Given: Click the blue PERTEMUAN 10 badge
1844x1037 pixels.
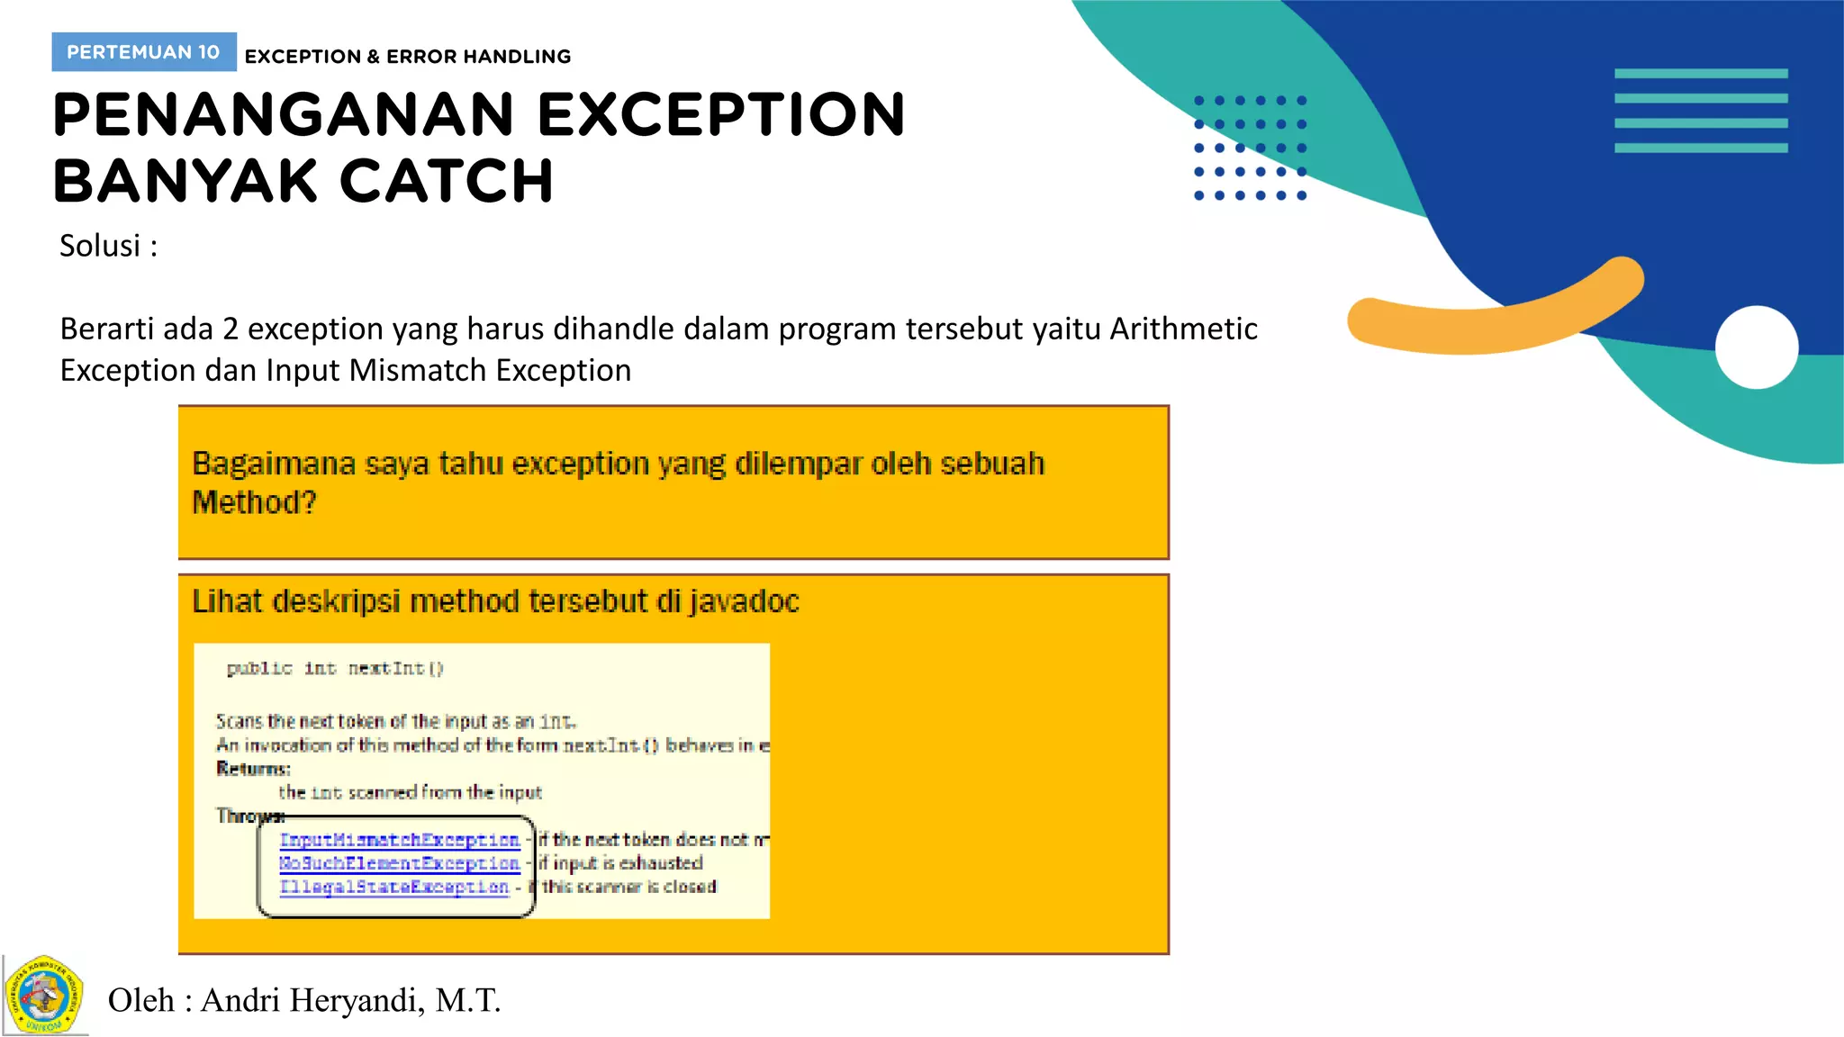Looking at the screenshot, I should [144, 52].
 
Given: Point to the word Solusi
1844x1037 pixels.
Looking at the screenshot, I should [100, 246].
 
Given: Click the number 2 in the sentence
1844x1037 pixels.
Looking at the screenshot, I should [230, 329].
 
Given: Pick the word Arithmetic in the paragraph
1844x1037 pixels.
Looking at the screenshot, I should [1183, 329].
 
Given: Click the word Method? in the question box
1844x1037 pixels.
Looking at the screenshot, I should [255, 502].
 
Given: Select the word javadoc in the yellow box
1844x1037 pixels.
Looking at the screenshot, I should [745, 601].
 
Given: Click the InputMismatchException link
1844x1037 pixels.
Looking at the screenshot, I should [399, 840].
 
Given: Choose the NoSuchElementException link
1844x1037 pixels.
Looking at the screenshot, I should [399, 863].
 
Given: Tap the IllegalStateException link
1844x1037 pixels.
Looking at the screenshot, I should [393, 887].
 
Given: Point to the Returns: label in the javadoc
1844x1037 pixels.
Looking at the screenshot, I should [253, 769].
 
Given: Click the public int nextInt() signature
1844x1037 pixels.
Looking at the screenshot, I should [335, 668].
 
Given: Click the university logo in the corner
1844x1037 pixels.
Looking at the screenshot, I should [44, 996].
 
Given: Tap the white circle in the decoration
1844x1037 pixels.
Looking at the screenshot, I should [1756, 347].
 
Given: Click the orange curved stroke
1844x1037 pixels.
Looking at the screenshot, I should [1495, 311].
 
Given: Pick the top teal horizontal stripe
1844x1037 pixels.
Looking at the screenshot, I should [1701, 74].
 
